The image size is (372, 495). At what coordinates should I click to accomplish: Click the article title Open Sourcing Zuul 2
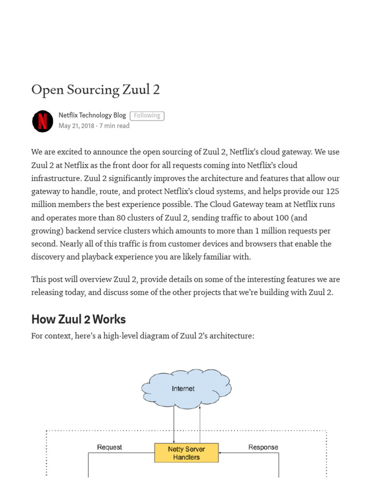[x=95, y=90]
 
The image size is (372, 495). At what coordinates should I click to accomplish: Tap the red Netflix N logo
[x=43, y=121]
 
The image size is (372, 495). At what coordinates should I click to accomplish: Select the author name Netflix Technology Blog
[x=92, y=115]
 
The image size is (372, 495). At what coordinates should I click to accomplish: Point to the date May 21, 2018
[x=76, y=126]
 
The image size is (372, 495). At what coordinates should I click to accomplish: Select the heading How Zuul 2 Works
[x=78, y=319]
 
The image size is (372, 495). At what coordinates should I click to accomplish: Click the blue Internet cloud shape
[x=186, y=388]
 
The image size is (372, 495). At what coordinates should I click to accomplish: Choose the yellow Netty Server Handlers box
[x=186, y=453]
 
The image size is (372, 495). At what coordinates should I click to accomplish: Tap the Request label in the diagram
[x=109, y=447]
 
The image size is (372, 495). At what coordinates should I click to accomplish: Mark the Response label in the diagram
[x=263, y=447]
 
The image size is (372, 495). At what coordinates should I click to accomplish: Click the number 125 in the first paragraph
[x=332, y=191]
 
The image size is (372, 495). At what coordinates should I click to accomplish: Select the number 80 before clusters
[x=122, y=218]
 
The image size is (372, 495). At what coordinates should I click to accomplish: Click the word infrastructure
[x=54, y=178]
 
